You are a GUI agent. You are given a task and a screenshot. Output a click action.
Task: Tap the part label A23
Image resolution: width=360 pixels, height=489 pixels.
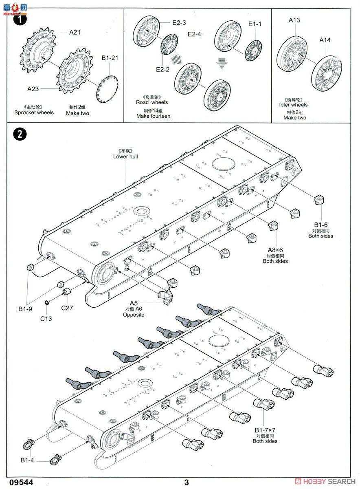33,88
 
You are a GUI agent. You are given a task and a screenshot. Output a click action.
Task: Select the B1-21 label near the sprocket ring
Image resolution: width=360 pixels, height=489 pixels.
110,58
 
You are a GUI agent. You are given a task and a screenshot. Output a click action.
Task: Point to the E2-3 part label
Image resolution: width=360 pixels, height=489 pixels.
179,23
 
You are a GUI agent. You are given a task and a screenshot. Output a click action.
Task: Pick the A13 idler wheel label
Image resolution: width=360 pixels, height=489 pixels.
294,20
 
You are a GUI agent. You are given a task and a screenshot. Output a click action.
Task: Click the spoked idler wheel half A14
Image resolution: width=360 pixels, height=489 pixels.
326,75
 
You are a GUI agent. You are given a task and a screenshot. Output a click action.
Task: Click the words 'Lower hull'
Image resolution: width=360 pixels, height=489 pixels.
125,156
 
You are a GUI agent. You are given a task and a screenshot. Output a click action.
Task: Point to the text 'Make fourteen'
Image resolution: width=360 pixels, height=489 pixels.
154,116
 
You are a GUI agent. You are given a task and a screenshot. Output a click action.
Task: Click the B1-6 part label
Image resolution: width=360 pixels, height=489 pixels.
320,225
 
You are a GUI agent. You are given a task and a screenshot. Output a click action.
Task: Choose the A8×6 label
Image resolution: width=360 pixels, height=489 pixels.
275,250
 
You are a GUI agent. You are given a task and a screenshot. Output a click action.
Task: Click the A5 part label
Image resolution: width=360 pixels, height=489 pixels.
134,303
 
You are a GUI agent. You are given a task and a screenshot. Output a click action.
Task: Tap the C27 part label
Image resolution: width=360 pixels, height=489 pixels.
67,308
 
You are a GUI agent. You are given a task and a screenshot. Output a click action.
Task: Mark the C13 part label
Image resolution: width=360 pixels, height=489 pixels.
46,318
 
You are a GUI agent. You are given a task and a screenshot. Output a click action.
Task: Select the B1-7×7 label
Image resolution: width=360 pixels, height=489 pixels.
265,430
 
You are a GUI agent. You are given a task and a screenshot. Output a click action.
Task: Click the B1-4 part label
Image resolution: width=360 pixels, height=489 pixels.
27,460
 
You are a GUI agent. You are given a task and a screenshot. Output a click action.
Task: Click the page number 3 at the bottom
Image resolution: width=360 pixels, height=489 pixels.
187,482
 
